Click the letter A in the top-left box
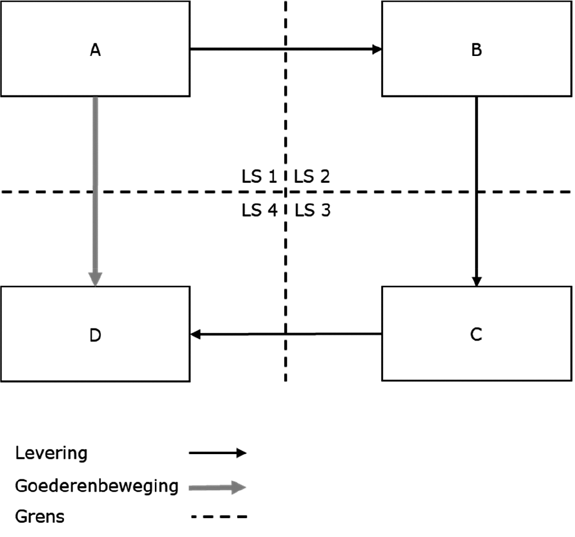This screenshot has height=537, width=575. pos(95,50)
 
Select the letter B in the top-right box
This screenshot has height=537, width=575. pos(476,50)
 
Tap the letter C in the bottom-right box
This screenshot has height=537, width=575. pos(476,334)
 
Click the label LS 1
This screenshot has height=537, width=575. pos(258,177)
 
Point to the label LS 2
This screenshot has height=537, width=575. pos(312,177)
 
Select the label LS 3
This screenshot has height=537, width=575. pos(312,211)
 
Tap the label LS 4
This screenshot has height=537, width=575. pos(258,211)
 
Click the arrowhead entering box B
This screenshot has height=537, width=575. pos(377,49)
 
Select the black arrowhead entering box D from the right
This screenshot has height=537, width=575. pos(195,334)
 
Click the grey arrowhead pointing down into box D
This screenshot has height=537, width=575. pos(95,278)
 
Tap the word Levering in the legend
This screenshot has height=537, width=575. pos(51,454)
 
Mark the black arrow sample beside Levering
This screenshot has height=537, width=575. pos(217,454)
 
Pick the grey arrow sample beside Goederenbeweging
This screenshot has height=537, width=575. pos(217,487)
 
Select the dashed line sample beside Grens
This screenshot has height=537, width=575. pos(218,518)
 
